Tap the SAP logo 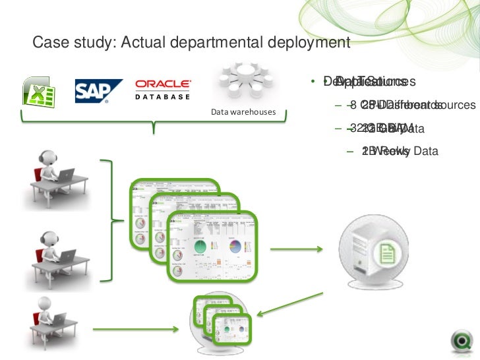tap(98, 92)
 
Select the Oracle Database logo tap(163, 89)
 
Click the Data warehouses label tap(243, 111)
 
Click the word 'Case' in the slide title tap(49, 44)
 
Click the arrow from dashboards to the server tap(297, 250)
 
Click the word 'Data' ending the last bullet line tap(425, 151)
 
